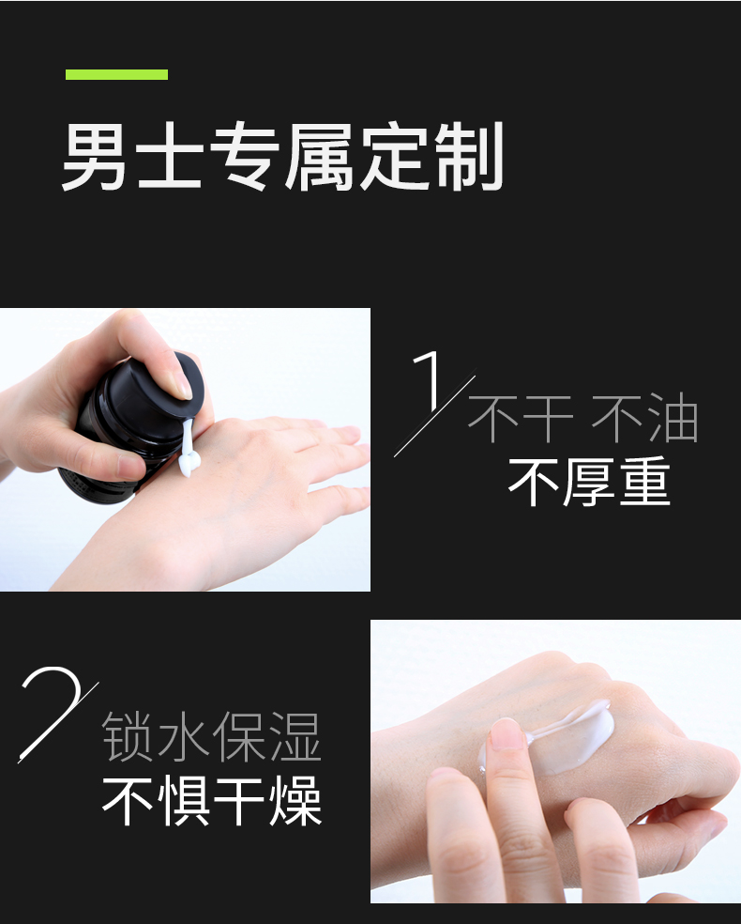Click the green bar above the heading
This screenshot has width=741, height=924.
[116, 74]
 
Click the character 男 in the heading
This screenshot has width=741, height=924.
[95, 156]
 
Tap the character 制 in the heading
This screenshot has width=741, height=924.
[468, 156]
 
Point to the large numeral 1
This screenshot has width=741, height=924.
[428, 380]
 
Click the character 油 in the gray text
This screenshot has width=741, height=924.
[673, 419]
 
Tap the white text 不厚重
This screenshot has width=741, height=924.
[589, 482]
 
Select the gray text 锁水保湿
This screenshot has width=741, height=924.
[211, 736]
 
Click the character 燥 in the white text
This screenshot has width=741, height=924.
[296, 801]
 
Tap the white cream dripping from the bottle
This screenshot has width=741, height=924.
[189, 448]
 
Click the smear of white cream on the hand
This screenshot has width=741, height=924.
[564, 735]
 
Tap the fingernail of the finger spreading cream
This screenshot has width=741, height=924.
[507, 734]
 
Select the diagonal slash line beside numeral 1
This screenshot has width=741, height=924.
[435, 412]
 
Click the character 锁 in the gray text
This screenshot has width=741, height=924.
[128, 736]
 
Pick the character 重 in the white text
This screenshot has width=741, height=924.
[645, 482]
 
